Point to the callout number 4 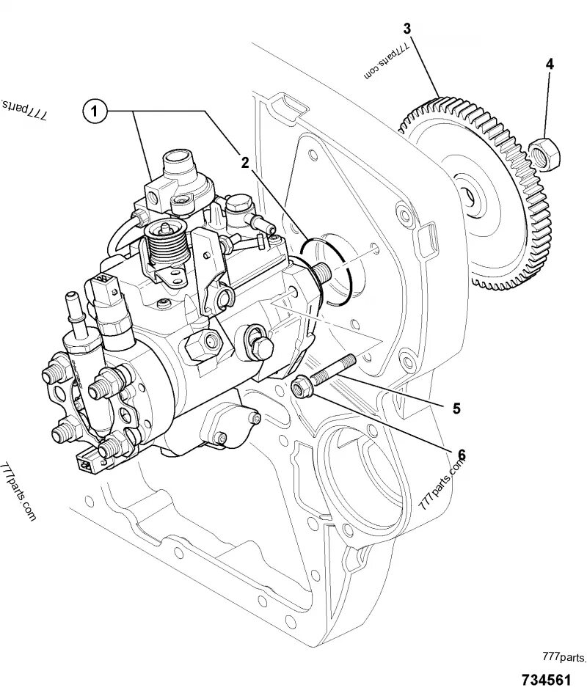pos(549,64)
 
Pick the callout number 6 pos(461,455)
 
